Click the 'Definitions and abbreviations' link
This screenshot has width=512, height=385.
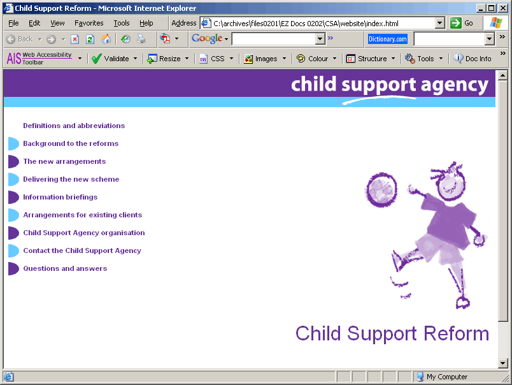74,126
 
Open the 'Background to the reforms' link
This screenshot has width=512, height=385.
71,143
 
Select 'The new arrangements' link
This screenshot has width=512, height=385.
64,161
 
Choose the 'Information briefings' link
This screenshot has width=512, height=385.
60,197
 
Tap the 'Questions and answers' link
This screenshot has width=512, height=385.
65,268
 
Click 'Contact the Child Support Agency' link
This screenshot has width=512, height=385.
82,251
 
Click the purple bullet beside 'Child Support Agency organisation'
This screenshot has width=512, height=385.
13,233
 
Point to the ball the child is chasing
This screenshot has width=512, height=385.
381,189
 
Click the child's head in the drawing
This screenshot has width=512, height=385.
451,184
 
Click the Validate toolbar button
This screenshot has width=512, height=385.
114,59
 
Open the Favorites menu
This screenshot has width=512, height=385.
89,23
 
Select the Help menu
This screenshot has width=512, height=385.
146,23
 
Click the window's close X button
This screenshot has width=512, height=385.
503,8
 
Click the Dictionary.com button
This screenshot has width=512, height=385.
388,40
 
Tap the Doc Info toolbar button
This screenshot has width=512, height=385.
473,59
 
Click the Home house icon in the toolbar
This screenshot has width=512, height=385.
106,40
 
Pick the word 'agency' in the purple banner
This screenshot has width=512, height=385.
455,85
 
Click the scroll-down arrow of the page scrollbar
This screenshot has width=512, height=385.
503,363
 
